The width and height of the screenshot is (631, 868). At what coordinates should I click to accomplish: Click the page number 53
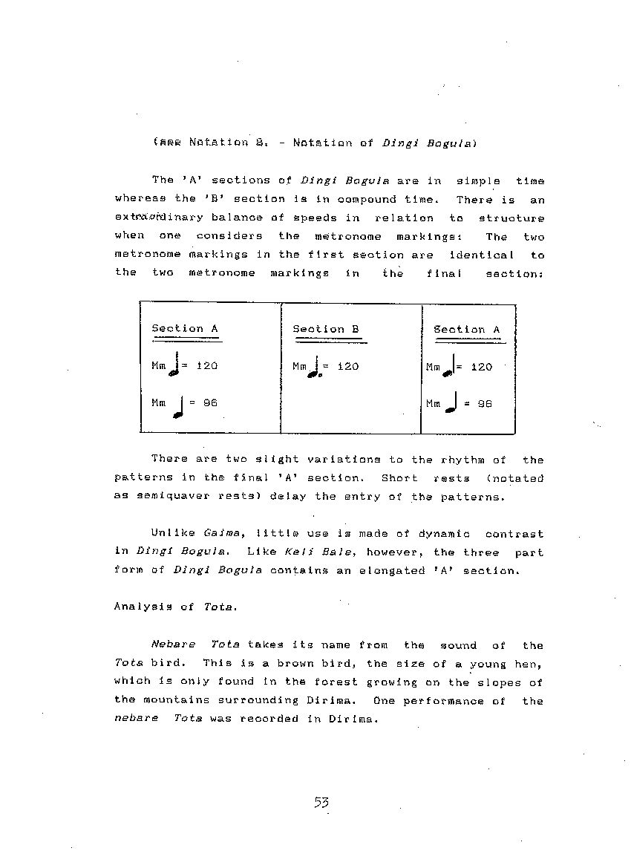coord(321,802)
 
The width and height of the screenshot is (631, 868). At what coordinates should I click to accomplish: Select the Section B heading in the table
coord(326,329)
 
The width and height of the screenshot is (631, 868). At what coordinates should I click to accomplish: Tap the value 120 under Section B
coord(348,366)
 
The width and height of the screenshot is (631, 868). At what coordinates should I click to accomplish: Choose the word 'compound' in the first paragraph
coord(367,199)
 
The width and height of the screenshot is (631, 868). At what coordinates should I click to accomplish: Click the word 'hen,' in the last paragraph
coord(529,664)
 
